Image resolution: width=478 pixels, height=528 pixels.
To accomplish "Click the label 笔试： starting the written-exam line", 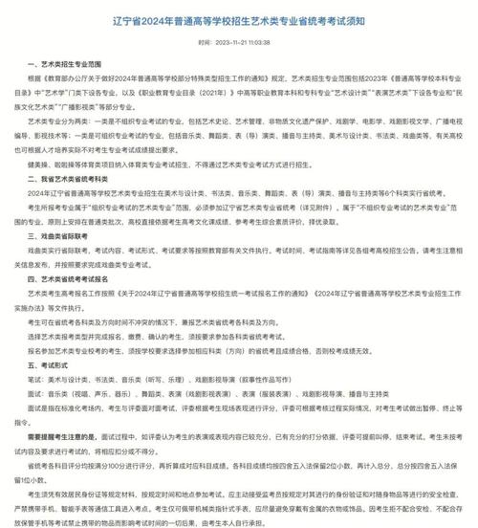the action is (37, 379).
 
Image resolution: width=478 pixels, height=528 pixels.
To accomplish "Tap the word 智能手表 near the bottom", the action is (97, 510).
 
